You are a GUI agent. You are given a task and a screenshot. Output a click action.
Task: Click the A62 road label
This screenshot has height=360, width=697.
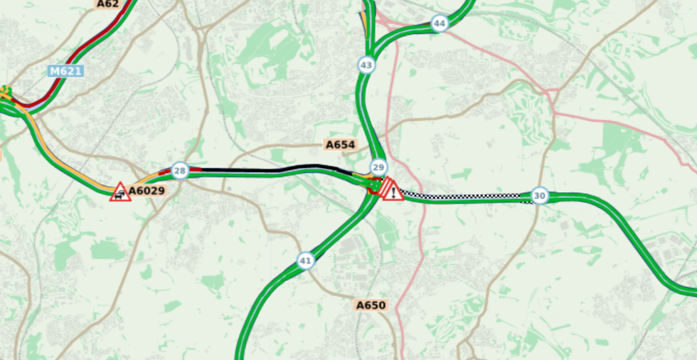[x=107, y=4]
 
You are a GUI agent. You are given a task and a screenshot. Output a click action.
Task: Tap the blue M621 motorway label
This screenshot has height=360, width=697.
[x=65, y=71]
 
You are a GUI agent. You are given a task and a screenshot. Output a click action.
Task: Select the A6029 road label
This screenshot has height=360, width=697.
[x=147, y=191]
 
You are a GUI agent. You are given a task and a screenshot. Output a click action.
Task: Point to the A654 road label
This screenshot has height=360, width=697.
[x=339, y=145]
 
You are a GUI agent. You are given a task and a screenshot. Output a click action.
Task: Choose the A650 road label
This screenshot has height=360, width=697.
[x=370, y=305]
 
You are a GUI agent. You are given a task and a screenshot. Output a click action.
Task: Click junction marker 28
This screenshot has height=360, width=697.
[x=180, y=171]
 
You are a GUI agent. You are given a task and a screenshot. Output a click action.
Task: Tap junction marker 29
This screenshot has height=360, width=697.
[x=378, y=167]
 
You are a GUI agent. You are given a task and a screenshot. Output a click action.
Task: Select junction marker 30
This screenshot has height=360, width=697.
[x=540, y=196]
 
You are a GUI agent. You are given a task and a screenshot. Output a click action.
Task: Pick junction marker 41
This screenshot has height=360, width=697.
[x=306, y=261]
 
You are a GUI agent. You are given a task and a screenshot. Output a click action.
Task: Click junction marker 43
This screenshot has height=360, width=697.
[x=366, y=65]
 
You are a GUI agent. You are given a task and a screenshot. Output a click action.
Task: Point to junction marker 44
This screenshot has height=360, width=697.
[x=440, y=23]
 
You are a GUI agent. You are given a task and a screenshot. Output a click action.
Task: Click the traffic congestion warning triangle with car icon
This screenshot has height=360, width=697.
[x=120, y=192]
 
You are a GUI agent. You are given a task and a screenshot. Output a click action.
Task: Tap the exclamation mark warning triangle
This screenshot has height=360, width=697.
[x=392, y=190]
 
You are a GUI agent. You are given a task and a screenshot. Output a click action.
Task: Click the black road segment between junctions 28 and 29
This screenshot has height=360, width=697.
[x=270, y=171]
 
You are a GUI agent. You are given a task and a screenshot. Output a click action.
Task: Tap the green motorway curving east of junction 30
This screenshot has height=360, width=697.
[x=626, y=228]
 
